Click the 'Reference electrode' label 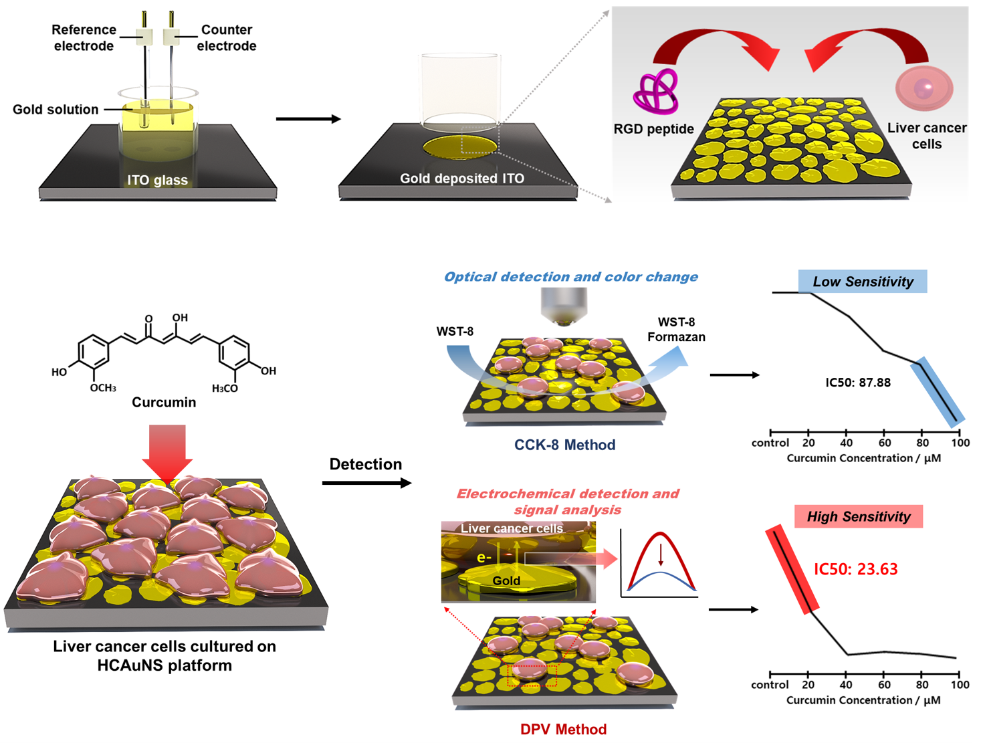(84, 37)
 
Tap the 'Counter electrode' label (227, 37)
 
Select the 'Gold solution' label (56, 110)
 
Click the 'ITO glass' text (157, 180)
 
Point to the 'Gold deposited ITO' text (462, 179)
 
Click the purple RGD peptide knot (655, 92)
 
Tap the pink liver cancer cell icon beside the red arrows (924, 88)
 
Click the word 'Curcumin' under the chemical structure (164, 402)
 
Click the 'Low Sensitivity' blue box (863, 282)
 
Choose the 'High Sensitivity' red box (859, 516)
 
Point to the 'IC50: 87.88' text (858, 383)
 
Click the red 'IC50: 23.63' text (855, 568)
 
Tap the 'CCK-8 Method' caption (564, 445)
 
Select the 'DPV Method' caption (563, 729)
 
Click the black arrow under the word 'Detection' (366, 483)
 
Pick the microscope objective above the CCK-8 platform (563, 306)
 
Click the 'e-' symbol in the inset (484, 558)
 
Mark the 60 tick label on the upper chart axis (885, 443)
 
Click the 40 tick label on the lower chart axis (845, 685)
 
